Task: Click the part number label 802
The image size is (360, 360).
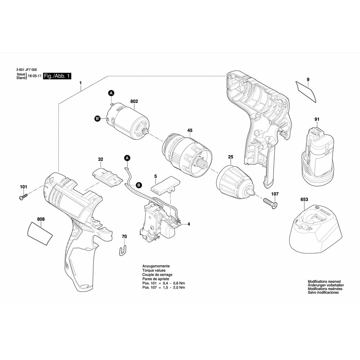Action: coord(134,102)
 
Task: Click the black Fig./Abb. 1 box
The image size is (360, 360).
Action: coord(57,76)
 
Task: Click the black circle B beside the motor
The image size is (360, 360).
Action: coord(97,118)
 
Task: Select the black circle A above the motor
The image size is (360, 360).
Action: coord(111,93)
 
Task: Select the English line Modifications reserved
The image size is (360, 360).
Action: coord(324,282)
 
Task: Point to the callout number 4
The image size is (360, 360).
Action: coord(188,224)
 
